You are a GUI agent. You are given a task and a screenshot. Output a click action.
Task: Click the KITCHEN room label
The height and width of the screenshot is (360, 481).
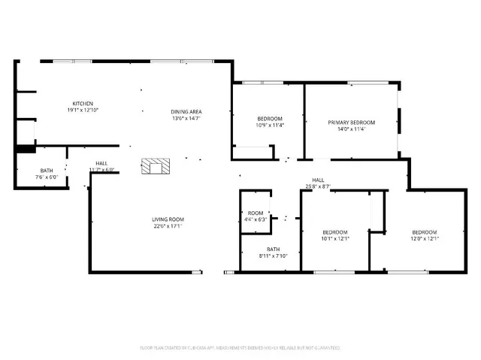click(x=83, y=104)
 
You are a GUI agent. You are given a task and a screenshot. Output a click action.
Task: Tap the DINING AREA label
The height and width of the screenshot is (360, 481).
click(x=186, y=111)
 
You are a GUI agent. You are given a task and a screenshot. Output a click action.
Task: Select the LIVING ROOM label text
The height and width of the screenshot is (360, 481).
click(x=168, y=219)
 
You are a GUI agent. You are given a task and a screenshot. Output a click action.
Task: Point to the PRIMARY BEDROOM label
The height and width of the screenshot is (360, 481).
click(x=351, y=123)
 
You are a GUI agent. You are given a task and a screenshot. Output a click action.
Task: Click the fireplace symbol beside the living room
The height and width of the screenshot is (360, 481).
click(x=156, y=167)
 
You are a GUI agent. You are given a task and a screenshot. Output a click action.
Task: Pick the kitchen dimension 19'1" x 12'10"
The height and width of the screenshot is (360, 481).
click(x=83, y=110)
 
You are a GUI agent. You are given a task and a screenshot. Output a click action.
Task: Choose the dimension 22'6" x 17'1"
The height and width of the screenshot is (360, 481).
click(x=168, y=225)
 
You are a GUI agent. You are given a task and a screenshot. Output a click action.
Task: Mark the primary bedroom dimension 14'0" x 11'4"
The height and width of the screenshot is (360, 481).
click(x=351, y=129)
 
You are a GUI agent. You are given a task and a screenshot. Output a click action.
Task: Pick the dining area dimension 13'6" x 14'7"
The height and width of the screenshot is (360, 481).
click(x=186, y=118)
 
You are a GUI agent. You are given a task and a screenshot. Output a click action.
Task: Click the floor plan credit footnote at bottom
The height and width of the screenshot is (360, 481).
click(x=240, y=348)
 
